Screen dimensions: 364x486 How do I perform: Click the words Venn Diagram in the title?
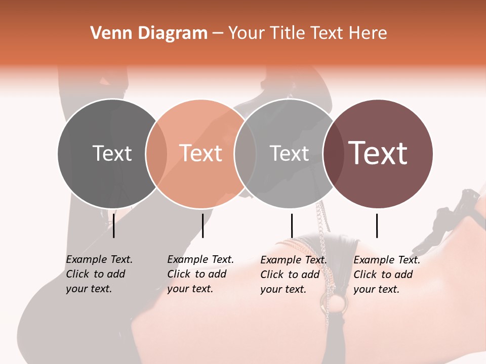[149, 33]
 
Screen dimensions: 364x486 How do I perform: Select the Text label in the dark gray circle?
[112, 153]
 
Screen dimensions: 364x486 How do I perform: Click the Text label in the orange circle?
[200, 153]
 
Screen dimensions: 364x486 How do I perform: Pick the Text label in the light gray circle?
[289, 153]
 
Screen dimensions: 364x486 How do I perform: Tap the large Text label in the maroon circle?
[378, 153]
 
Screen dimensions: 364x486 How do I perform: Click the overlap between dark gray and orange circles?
[156, 154]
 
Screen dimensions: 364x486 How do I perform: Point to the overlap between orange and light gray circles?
[245, 154]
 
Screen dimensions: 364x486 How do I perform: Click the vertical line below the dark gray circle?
[114, 225]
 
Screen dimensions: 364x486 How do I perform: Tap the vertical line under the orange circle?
[202, 225]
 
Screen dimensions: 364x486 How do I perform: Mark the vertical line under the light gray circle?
[292, 225]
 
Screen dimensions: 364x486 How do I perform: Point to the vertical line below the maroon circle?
[377, 225]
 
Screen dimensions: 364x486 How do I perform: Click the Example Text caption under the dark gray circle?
[99, 274]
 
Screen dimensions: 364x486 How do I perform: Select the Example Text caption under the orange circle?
[200, 274]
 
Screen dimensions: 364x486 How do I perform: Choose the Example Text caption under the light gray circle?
[294, 275]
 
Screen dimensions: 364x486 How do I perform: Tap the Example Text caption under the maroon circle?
[387, 275]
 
